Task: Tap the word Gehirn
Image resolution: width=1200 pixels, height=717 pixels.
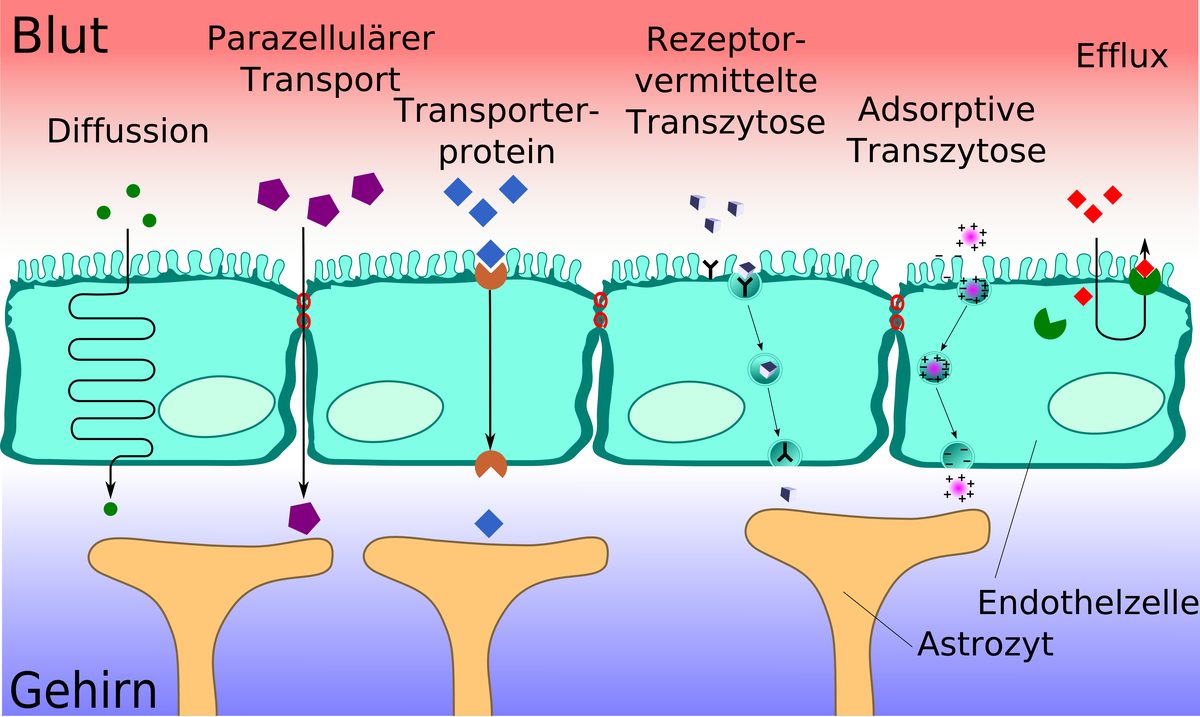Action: pos(84,691)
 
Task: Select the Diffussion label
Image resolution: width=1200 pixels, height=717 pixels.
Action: pos(128,131)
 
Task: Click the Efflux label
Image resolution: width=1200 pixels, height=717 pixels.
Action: pos(1122,56)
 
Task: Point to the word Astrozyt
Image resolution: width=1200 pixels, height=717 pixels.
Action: pos(985,643)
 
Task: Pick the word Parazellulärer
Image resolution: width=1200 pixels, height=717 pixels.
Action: pos(320,39)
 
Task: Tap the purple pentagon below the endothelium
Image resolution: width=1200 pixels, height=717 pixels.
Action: pos(304,517)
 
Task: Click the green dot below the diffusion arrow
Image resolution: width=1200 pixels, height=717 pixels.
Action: pos(110,509)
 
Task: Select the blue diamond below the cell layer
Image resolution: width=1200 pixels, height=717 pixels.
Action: pos(489,521)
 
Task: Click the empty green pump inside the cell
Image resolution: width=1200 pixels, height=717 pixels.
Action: pos(1049,322)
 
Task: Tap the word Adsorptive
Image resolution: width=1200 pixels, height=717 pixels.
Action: pos(946,109)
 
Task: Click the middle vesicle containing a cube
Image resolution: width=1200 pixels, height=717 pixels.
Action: pos(765,369)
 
